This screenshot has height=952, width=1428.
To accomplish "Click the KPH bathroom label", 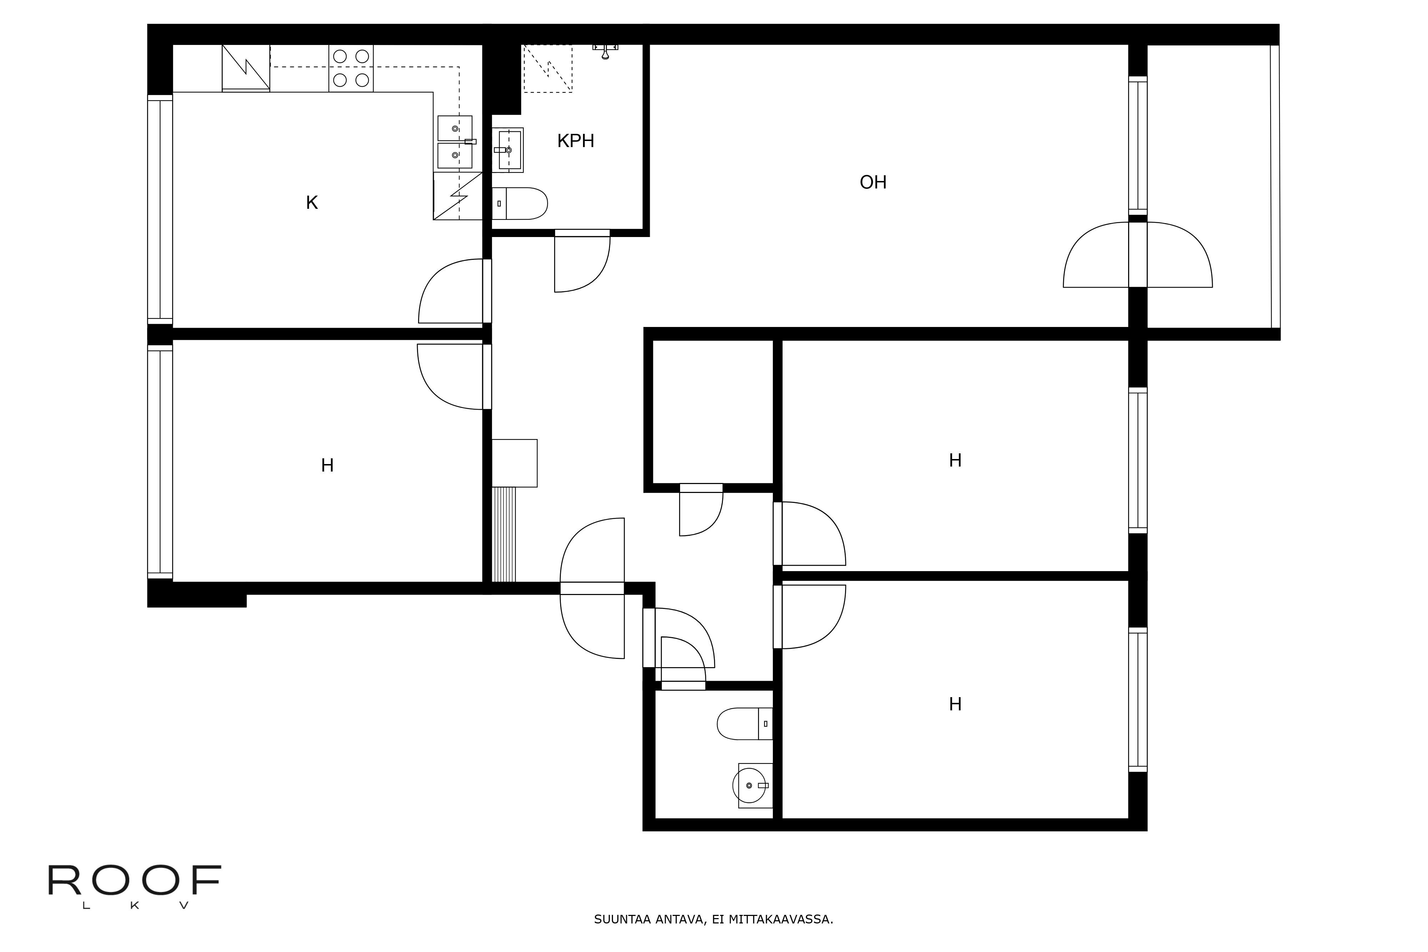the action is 575,141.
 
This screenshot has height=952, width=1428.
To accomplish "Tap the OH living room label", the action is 873,182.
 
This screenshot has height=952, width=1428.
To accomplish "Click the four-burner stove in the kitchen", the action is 351,68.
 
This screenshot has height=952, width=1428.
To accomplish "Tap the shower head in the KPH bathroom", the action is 605,50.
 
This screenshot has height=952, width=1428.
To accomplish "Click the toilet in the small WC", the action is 745,724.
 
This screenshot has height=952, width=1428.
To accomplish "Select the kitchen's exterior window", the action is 160,210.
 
